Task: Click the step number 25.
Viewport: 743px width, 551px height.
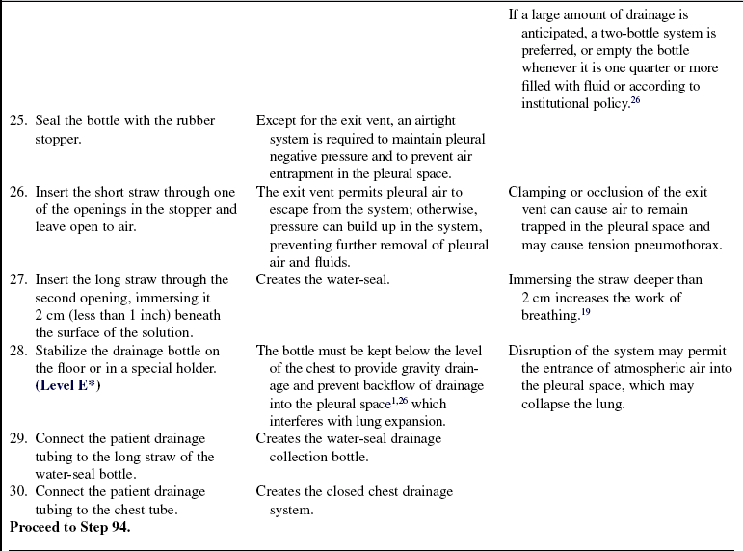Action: (x=18, y=121)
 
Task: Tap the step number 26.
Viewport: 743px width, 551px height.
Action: (x=18, y=192)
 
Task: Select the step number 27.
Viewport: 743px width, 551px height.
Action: (x=18, y=279)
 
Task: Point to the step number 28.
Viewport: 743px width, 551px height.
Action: (x=18, y=351)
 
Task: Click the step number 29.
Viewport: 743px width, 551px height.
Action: (x=18, y=439)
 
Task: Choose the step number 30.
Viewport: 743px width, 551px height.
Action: (x=18, y=492)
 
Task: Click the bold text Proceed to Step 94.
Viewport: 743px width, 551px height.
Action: (x=69, y=527)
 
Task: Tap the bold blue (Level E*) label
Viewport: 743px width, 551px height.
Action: (x=68, y=386)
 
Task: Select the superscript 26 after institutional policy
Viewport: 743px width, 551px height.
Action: (x=635, y=99)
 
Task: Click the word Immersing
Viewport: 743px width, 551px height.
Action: (x=540, y=279)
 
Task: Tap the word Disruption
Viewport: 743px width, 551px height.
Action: (x=542, y=351)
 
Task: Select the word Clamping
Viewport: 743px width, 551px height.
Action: (x=538, y=192)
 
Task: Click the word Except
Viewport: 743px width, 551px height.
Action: (x=277, y=121)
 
